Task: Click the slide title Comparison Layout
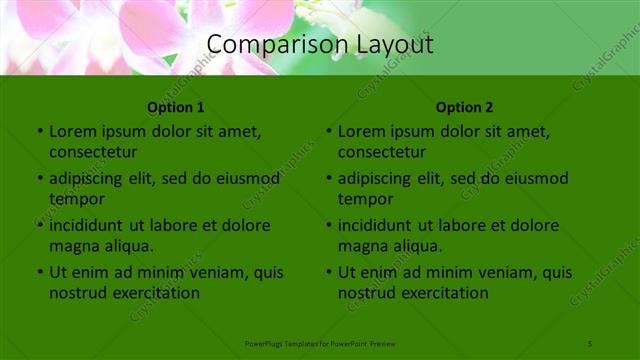coord(320,44)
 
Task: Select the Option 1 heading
coord(176,107)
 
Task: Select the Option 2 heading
coord(465,107)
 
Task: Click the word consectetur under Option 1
coord(93,152)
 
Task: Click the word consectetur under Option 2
coord(382,152)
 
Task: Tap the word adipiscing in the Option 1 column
coord(87,179)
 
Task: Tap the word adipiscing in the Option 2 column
coord(376,179)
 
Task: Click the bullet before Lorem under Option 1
coord(40,132)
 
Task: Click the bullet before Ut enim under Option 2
coord(329,272)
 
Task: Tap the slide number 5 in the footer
coord(590,343)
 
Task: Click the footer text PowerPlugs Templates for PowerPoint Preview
coord(320,343)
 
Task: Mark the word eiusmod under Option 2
coord(535,179)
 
